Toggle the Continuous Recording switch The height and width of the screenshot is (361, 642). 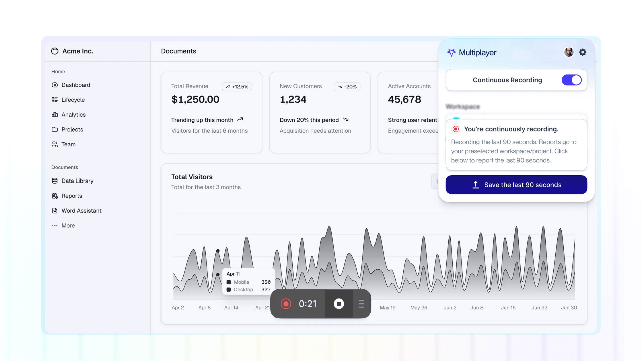[x=571, y=80]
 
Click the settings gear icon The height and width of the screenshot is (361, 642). [x=583, y=52]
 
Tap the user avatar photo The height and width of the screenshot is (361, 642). [x=569, y=52]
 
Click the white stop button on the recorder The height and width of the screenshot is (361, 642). [x=339, y=304]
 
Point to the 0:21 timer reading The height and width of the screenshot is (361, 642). [x=307, y=304]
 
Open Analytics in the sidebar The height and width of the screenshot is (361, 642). [x=73, y=115]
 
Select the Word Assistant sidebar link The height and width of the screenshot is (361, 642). [x=81, y=211]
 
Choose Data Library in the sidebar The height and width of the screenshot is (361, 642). [x=77, y=181]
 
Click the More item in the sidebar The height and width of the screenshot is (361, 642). [x=68, y=226]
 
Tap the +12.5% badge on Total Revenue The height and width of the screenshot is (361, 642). [x=237, y=87]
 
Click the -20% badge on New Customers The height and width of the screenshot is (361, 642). [x=347, y=87]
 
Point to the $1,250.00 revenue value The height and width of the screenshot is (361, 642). [x=195, y=99]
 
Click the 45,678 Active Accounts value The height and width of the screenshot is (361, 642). [x=404, y=99]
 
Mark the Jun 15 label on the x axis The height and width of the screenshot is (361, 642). [x=508, y=308]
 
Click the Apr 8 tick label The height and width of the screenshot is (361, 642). [x=204, y=308]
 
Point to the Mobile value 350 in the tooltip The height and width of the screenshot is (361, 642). [x=266, y=282]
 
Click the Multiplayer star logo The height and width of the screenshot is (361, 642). [x=451, y=53]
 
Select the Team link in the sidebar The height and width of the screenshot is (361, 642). [x=68, y=144]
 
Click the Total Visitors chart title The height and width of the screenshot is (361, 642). [x=192, y=177]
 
